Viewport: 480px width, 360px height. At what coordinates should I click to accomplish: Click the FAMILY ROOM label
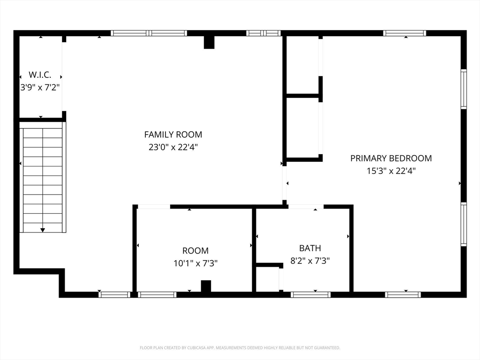point(173,135)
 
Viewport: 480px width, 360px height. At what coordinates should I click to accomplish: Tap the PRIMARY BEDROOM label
point(391,158)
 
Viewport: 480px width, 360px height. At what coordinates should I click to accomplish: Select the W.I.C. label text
point(40,75)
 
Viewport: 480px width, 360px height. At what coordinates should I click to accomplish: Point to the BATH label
point(310,248)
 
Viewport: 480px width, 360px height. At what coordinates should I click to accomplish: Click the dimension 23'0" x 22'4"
point(173,147)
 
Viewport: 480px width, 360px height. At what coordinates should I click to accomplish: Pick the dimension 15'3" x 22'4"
point(391,171)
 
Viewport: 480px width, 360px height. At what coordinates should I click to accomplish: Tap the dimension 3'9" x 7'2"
point(40,88)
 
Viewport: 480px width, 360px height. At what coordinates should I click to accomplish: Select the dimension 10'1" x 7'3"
point(195,263)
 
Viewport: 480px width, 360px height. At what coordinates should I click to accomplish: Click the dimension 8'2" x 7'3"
point(310,261)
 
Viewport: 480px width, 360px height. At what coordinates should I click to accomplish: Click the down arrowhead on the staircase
point(43,230)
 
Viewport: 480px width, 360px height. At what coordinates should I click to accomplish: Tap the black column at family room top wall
point(209,42)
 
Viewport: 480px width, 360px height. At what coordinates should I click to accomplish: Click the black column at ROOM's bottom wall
point(206,286)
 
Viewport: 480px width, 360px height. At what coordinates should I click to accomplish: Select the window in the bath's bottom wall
point(310,295)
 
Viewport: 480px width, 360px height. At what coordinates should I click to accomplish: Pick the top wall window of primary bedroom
point(405,33)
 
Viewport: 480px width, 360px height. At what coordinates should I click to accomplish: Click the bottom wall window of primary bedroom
point(403,295)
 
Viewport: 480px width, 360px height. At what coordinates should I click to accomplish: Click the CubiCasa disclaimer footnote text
point(240,348)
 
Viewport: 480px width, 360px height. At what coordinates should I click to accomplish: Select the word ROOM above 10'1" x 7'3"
point(195,251)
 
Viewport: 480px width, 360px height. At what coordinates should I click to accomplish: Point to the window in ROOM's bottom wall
point(157,295)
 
